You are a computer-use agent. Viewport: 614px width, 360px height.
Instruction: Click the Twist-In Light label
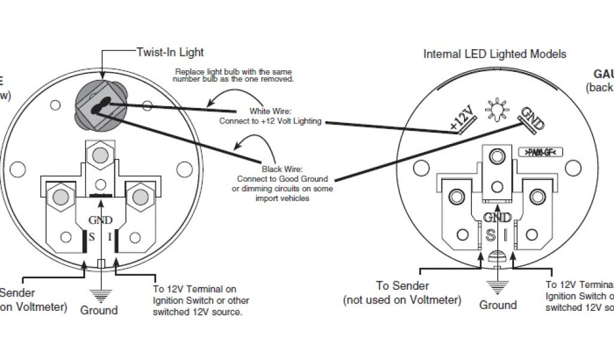(170, 52)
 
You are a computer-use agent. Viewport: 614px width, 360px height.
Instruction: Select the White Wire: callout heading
(270, 111)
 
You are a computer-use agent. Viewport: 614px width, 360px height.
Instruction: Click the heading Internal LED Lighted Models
(495, 54)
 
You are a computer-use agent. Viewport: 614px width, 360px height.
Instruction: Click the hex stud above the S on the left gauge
(61, 197)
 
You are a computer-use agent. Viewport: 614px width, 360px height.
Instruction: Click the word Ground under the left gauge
(99, 310)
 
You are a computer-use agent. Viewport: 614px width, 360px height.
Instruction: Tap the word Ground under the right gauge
(498, 305)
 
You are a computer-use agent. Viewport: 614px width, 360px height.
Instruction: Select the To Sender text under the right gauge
(402, 286)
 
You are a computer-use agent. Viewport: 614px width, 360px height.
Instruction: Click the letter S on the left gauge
(92, 236)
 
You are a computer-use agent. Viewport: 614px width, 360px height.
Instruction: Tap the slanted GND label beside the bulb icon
(531, 119)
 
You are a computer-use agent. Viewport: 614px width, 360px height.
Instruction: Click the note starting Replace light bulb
(234, 75)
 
